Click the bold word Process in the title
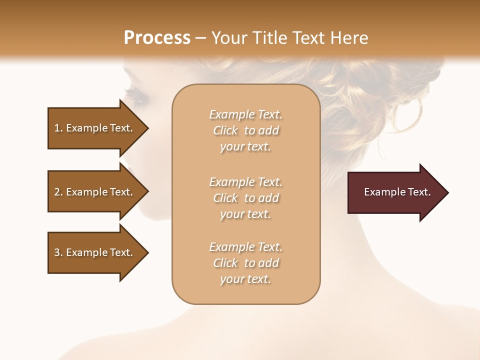[157, 38]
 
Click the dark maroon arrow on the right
[395, 192]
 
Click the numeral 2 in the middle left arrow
[57, 192]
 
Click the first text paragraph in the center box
[245, 130]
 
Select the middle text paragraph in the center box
[245, 198]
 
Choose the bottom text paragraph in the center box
[245, 263]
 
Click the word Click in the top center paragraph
[225, 130]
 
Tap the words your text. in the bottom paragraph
[245, 279]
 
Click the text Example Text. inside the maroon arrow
[397, 192]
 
